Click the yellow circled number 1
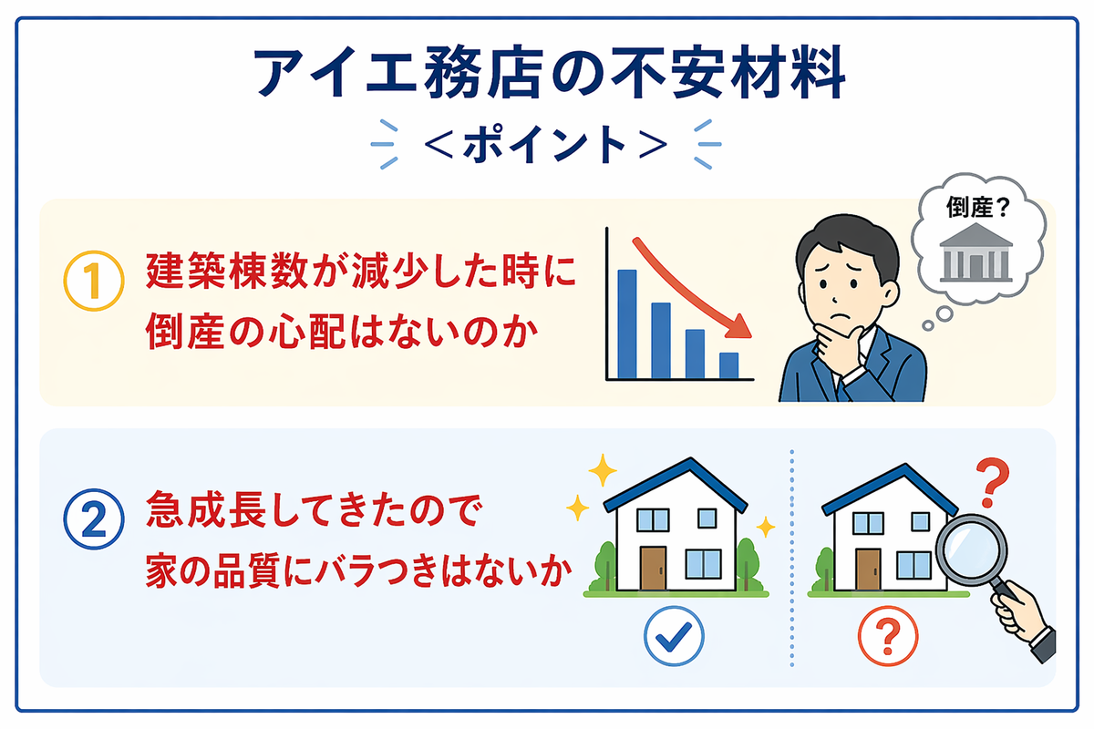[x=94, y=281]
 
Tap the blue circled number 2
[x=94, y=519]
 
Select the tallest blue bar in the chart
[x=627, y=324]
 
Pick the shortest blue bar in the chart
[x=728, y=365]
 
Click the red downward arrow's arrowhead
[x=739, y=326]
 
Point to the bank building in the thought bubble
[x=975, y=252]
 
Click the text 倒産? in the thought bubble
[x=977, y=207]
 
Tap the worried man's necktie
[x=841, y=391]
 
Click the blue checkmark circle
[x=674, y=636]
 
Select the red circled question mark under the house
[x=888, y=636]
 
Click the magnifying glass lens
[x=972, y=549]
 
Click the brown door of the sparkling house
[x=653, y=568]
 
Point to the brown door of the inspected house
[x=868, y=570]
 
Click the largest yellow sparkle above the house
[x=603, y=470]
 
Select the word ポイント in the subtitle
[x=544, y=145]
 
